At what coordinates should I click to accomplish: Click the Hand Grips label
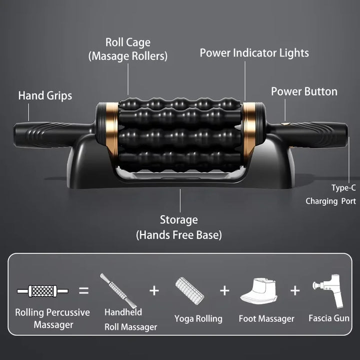45,95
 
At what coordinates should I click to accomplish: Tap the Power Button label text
304,91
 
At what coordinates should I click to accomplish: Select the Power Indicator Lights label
254,53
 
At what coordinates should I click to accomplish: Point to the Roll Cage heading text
127,42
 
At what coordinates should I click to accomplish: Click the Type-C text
343,188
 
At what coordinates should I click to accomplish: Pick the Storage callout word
179,219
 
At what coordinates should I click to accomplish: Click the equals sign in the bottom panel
84,290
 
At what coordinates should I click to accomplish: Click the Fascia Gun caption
329,318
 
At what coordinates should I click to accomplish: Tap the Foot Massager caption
266,318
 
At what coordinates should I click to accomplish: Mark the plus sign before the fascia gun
295,290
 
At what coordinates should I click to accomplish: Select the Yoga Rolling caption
198,318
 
